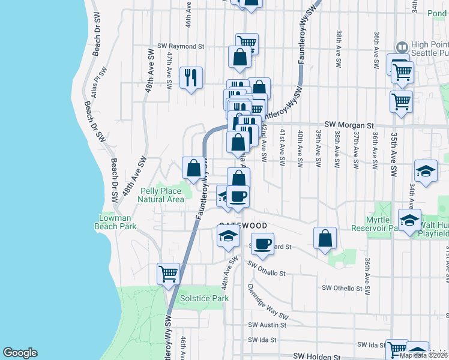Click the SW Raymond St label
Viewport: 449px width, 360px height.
(x=181, y=46)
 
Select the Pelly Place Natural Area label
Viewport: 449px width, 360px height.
(x=162, y=195)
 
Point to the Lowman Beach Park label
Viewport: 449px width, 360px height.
(x=115, y=223)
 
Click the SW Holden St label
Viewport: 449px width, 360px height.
(x=316, y=356)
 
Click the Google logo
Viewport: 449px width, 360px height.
(x=20, y=353)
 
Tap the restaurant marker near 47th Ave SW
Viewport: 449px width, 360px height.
(x=191, y=77)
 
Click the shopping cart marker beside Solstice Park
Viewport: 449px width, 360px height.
(x=169, y=274)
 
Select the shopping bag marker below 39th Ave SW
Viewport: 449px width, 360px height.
(x=325, y=237)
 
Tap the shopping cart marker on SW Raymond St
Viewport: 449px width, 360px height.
(x=247, y=42)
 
